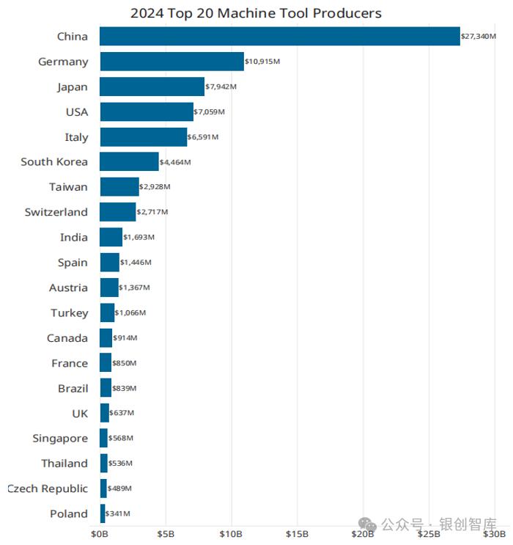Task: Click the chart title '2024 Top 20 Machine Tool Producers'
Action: [256, 13]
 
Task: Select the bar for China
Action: [279, 36]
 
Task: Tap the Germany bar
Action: [171, 62]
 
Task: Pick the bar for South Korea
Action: [129, 161]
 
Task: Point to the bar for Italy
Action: [144, 136]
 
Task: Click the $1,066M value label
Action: [130, 312]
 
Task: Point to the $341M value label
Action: [118, 513]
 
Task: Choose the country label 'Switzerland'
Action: [56, 212]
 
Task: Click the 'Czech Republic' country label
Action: [48, 489]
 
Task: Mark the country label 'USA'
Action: [76, 111]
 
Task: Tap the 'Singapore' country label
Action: [60, 438]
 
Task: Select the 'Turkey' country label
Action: [69, 312]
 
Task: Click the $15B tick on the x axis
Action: [297, 533]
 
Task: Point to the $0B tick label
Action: [100, 533]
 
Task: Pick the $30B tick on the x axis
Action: [495, 533]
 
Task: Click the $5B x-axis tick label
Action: [166, 533]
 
